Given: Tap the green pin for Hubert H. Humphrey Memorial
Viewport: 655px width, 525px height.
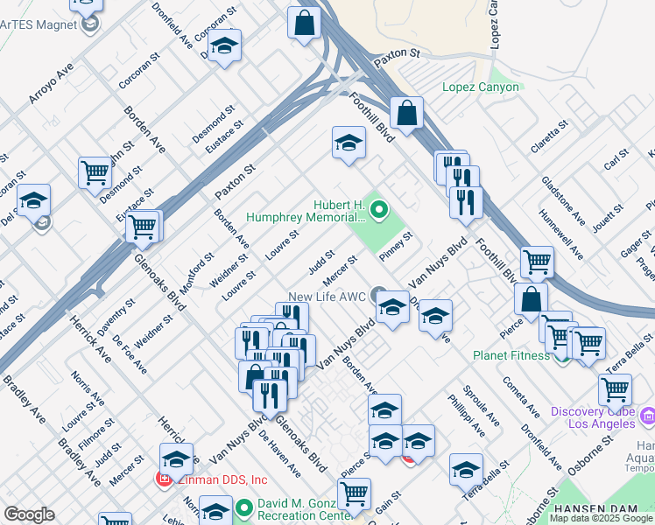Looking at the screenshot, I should pyautogui.click(x=379, y=209).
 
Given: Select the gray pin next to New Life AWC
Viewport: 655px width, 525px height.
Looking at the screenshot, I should pyautogui.click(x=377, y=294).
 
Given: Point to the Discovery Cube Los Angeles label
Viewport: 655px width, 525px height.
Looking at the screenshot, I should pyautogui.click(x=593, y=417).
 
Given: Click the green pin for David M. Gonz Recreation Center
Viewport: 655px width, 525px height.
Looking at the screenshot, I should pyautogui.click(x=246, y=506).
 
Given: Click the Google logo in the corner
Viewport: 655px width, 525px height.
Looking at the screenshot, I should pyautogui.click(x=29, y=514).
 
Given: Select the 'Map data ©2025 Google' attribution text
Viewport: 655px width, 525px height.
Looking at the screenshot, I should pyautogui.click(x=601, y=518).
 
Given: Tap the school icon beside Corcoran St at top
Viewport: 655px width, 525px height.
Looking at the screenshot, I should pyautogui.click(x=225, y=46).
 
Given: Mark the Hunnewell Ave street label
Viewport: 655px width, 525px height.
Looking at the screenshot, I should pyautogui.click(x=561, y=234).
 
